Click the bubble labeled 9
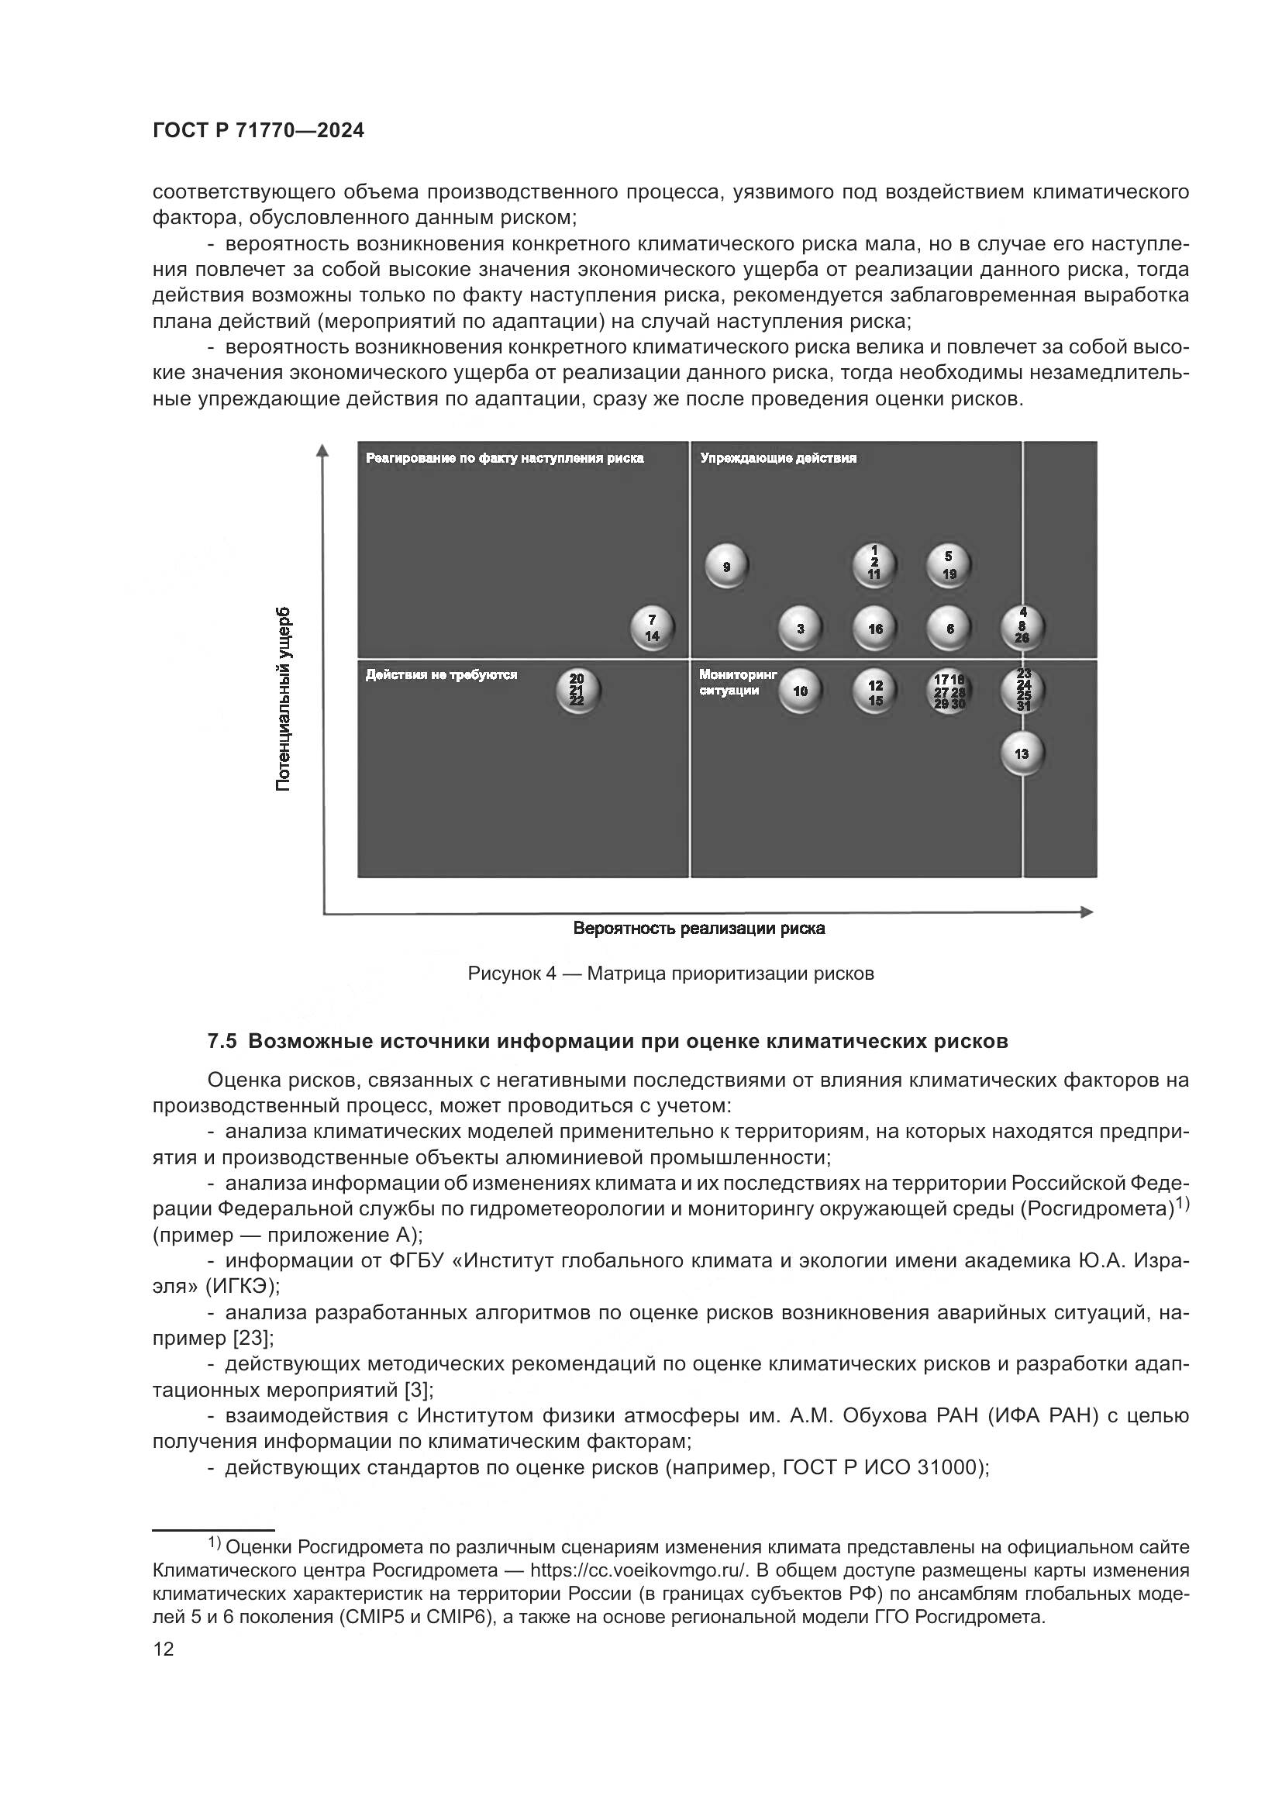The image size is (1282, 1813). (x=725, y=566)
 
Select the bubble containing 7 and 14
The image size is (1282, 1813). (x=651, y=629)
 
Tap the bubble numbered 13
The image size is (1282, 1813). (x=1022, y=753)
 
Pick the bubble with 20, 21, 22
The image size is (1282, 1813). (x=577, y=690)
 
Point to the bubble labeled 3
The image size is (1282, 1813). (x=800, y=629)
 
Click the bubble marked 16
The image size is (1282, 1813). (x=874, y=629)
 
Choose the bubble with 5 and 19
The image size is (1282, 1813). (x=948, y=565)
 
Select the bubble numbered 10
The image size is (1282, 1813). (x=800, y=691)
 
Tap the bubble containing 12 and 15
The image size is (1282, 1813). (x=874, y=691)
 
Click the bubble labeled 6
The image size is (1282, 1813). (x=949, y=629)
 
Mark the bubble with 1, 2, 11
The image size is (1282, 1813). (x=874, y=565)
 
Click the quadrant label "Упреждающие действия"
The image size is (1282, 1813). (x=777, y=458)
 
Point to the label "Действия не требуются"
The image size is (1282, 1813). (x=441, y=674)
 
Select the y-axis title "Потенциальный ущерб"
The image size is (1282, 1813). (x=283, y=699)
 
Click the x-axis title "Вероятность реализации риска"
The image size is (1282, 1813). (x=698, y=929)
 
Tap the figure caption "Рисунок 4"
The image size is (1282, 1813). (x=512, y=974)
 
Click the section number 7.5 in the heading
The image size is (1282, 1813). (x=222, y=1042)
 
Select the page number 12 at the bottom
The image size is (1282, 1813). (x=164, y=1649)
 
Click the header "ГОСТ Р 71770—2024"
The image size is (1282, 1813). (x=258, y=131)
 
